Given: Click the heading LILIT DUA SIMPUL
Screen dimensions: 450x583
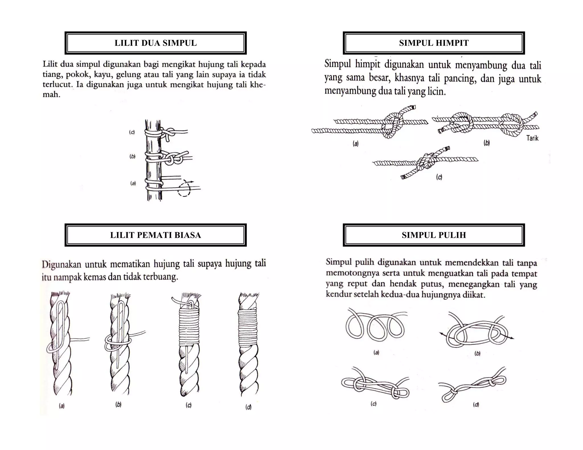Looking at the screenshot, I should pos(155,43).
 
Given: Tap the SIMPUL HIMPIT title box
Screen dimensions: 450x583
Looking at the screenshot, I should pos(434,43).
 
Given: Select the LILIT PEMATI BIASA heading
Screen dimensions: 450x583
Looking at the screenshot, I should pos(155,235).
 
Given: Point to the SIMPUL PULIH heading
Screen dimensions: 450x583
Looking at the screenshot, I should pos(434,235).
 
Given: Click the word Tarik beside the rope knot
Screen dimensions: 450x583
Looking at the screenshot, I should pos(532,138).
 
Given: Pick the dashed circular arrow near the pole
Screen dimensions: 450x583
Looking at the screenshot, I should pos(184,188).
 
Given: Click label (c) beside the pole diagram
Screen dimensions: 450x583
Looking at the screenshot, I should pos(132,132).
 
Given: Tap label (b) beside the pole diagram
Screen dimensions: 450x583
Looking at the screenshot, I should pos(132,156).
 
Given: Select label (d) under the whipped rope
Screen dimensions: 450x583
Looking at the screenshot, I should pos(248,407).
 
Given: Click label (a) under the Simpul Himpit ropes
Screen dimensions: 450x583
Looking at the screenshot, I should pos(356,144).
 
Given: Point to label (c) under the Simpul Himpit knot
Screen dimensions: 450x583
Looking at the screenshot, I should pos(439,177).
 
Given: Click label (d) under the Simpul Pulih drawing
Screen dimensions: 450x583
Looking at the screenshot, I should pos(476,404).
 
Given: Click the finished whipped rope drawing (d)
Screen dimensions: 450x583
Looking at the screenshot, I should pos(248,344).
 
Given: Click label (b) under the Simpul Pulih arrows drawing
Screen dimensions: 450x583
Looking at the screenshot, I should pos(477,354).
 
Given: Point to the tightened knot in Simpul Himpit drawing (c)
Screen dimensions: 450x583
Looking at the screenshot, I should pos(426,162).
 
